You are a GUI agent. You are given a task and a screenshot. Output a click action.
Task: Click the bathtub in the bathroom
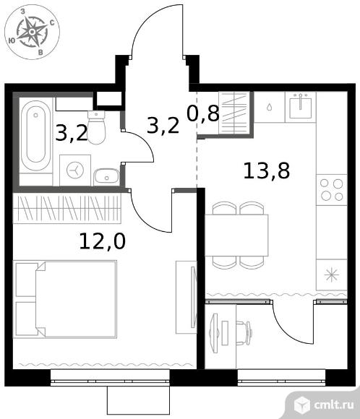click(35, 136)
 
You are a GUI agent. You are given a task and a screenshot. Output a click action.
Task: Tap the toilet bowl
click(96, 127)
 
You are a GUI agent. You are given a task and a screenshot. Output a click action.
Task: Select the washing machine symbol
click(75, 170)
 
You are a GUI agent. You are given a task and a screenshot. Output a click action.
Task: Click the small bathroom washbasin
click(106, 176)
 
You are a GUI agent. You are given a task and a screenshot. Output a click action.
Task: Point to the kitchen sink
click(301, 105)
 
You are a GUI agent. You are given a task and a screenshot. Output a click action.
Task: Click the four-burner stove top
click(332, 190)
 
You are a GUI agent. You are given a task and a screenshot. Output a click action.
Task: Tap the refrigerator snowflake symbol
click(331, 275)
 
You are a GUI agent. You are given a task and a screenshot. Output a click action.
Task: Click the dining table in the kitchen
click(236, 236)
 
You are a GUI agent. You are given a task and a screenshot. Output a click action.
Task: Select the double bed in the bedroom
click(65, 299)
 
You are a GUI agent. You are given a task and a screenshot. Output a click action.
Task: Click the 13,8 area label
click(267, 171)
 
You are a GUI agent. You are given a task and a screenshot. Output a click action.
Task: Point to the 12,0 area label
click(102, 241)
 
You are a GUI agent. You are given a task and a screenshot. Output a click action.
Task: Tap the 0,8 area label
click(203, 113)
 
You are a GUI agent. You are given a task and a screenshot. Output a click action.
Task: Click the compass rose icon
click(32, 33)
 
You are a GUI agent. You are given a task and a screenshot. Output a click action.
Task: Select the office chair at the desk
click(244, 333)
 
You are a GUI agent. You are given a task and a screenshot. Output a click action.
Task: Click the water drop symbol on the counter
click(270, 107)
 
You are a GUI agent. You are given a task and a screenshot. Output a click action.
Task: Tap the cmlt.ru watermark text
click(334, 405)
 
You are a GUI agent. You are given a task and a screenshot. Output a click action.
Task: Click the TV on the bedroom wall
click(193, 297)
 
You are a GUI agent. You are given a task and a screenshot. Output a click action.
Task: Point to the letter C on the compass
click(52, 22)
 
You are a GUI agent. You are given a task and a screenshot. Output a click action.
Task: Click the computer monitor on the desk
click(214, 333)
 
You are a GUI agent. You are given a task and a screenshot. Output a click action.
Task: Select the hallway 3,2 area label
click(163, 126)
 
